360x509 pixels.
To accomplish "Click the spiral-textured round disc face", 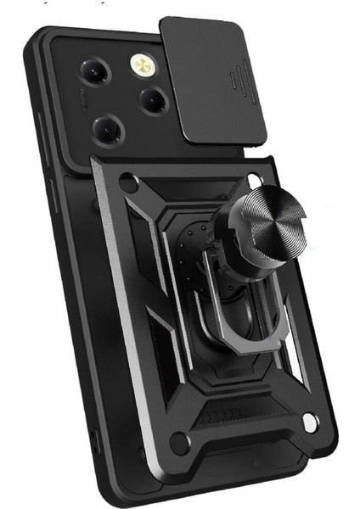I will (268, 220).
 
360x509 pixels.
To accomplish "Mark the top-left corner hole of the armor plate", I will (128, 180).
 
